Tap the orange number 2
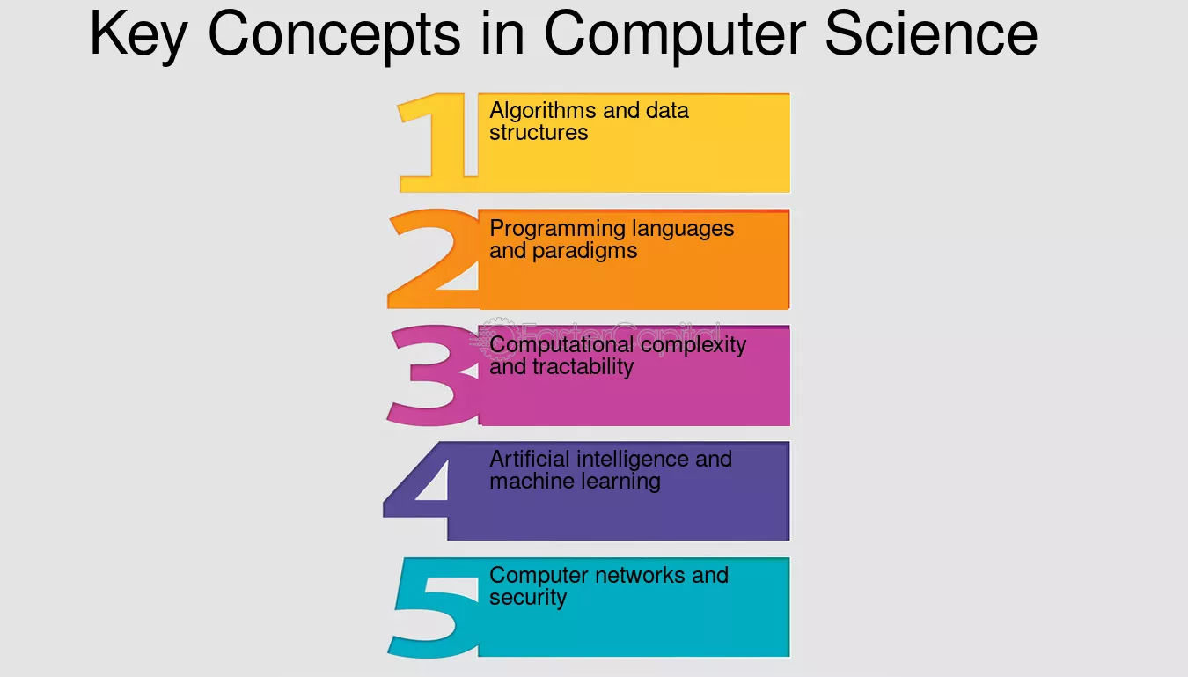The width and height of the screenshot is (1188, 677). tap(432, 259)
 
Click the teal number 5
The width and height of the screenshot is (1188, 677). tap(432, 607)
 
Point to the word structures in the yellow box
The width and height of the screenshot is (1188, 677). tap(539, 133)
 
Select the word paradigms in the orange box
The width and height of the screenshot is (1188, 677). tap(584, 251)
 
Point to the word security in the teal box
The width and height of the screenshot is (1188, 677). tap(528, 598)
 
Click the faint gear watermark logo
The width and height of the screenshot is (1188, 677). tap(492, 338)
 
